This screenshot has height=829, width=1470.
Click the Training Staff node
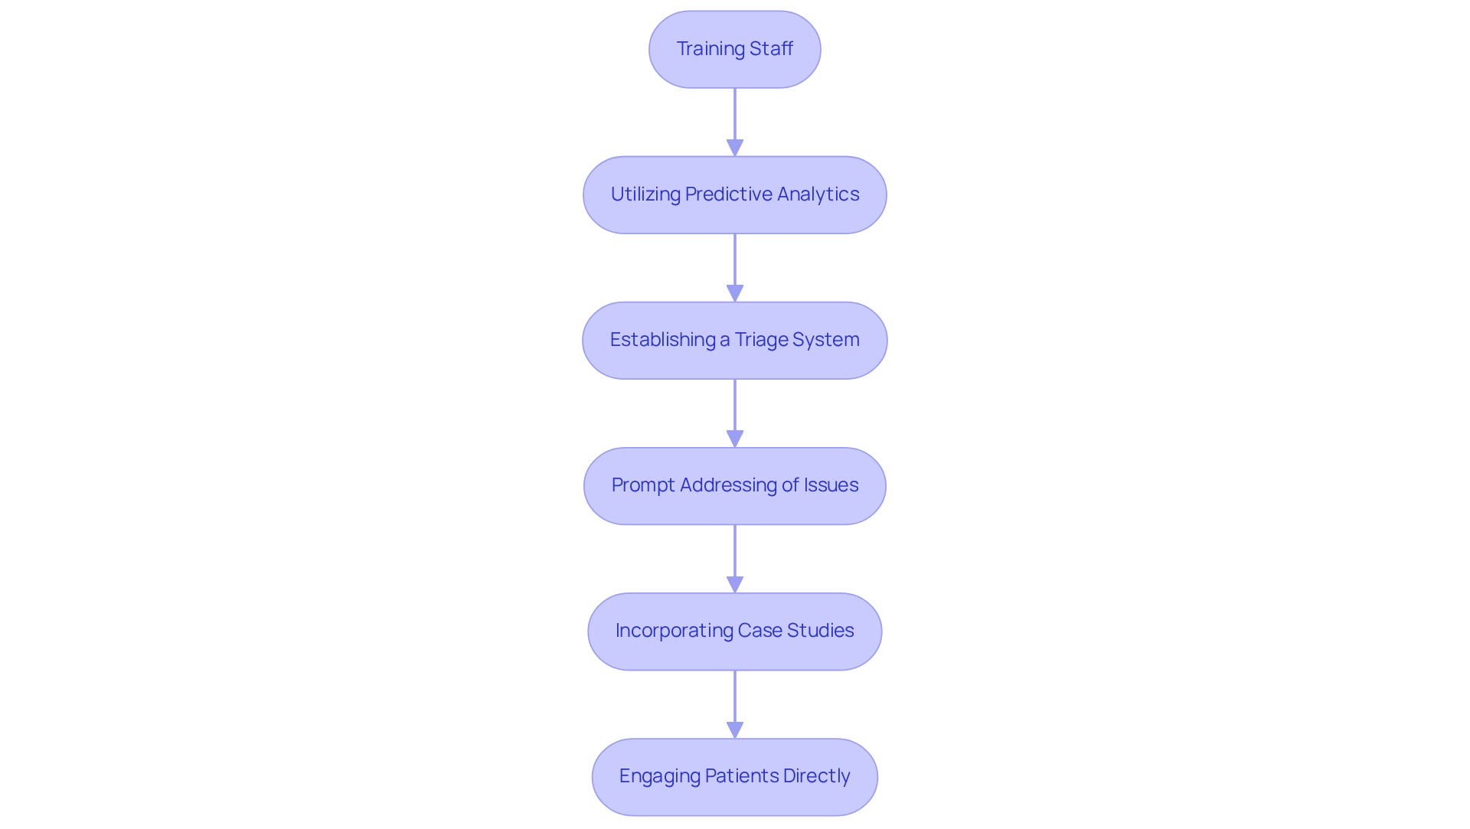click(x=735, y=49)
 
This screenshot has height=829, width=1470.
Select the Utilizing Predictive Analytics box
click(x=735, y=194)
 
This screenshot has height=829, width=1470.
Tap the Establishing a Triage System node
click(x=735, y=340)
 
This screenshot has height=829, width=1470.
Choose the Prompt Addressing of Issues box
click(x=735, y=485)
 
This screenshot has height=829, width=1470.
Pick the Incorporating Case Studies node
click(x=735, y=631)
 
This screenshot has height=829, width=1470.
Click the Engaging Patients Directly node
click(x=735, y=776)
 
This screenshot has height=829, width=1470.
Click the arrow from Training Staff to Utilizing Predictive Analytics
click(x=735, y=122)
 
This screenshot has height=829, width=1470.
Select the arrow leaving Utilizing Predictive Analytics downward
click(x=735, y=268)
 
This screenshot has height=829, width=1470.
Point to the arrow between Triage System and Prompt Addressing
click(x=735, y=413)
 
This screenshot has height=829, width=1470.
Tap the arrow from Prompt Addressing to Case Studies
click(x=735, y=559)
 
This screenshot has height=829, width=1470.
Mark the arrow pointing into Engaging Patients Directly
click(x=735, y=704)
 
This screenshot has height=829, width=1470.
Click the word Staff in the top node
click(x=771, y=49)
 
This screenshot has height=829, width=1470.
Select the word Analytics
click(x=818, y=194)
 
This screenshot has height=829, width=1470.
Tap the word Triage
click(x=759, y=340)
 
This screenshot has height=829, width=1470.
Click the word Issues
click(x=831, y=485)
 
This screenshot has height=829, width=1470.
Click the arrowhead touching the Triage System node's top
click(x=735, y=294)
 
